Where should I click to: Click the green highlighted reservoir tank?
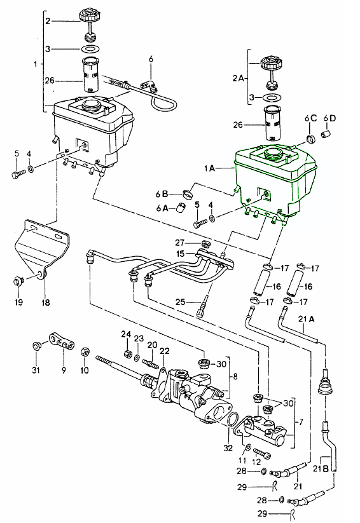(x=274, y=182)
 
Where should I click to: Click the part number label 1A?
(x=210, y=168)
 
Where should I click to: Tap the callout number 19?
(x=18, y=302)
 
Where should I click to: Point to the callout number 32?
(x=228, y=448)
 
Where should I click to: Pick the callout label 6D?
(x=329, y=118)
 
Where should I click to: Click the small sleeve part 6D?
(x=326, y=133)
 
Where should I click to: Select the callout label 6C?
(x=310, y=118)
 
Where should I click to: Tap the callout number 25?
(x=180, y=302)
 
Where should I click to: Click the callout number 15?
(x=180, y=254)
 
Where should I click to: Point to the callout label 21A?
(x=306, y=319)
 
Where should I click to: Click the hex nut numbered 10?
(x=85, y=351)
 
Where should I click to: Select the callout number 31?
(x=36, y=370)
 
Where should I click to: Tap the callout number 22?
(x=164, y=351)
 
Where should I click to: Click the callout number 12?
(x=256, y=462)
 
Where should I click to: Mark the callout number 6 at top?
(x=151, y=59)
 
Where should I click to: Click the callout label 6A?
(x=162, y=208)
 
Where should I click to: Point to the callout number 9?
(x=64, y=370)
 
